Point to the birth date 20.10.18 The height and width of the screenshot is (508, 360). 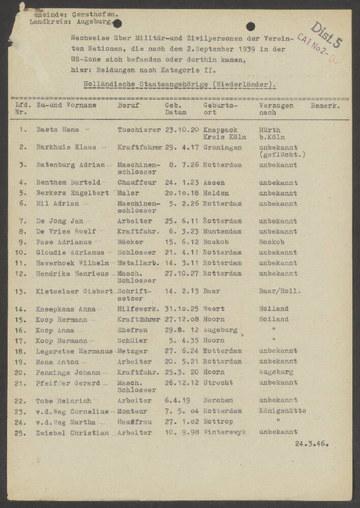click(182, 193)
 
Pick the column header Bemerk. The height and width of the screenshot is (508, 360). click(325, 106)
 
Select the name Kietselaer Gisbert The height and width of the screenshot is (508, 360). click(74, 291)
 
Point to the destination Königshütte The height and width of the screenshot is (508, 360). click(282, 411)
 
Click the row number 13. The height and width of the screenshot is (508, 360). click(21, 291)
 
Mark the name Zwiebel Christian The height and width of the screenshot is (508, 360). click(72, 432)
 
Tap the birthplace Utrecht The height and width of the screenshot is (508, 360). click(218, 383)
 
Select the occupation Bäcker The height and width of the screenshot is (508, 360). click(130, 242)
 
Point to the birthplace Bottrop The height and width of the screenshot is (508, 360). click(218, 422)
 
